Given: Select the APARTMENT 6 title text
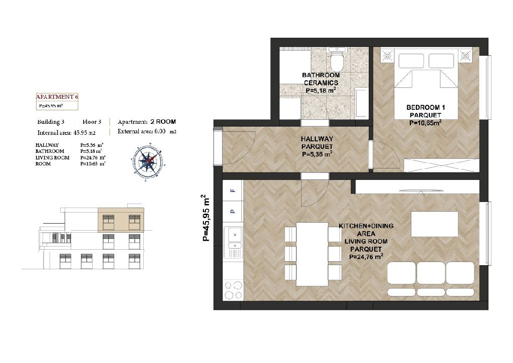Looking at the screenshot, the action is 57,97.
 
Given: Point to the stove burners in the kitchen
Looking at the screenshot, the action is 233,290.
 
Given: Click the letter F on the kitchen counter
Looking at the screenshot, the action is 232,190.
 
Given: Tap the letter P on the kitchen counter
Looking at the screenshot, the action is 232,211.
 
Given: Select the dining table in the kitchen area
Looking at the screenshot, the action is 312,254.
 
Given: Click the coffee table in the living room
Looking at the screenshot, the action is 434,224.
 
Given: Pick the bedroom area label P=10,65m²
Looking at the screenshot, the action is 425,123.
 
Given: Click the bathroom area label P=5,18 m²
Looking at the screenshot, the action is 321,90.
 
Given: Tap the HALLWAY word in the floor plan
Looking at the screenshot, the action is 317,139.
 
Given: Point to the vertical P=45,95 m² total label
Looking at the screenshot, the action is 205,218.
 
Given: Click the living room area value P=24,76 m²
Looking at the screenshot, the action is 366,257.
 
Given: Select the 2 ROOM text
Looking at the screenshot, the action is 163,122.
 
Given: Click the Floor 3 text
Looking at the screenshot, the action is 92,122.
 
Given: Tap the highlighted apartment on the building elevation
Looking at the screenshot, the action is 121,220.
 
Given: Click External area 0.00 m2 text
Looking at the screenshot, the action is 147,131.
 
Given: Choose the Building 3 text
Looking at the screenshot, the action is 51,122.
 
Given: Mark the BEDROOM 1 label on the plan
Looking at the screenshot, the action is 425,107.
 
